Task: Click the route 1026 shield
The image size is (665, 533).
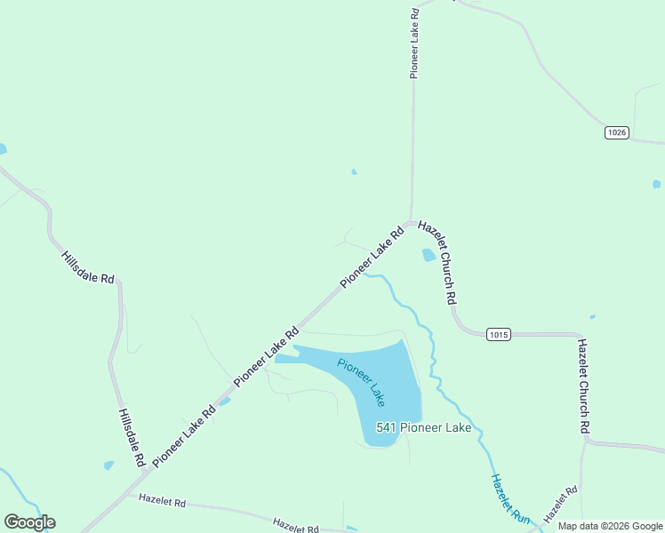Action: [x=617, y=132]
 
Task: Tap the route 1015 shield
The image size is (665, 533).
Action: [x=499, y=334]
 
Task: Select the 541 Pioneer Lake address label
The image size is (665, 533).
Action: [x=423, y=427]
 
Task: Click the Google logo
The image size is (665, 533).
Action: [x=29, y=522]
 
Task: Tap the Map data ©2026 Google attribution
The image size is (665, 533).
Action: [x=610, y=526]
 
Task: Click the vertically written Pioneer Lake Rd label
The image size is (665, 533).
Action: [x=414, y=44]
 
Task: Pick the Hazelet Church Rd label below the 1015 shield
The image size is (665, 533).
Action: [x=583, y=386]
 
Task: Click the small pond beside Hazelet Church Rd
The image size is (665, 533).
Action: [x=429, y=255]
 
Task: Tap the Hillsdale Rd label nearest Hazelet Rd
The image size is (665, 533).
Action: [x=131, y=437]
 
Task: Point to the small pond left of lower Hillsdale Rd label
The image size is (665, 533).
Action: [x=108, y=465]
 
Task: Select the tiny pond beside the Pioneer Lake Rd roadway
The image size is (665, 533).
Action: [x=225, y=402]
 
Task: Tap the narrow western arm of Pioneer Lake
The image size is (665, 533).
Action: [x=286, y=358]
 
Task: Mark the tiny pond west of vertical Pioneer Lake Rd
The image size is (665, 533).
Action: [x=354, y=171]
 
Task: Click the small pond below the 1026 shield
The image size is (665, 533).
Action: [x=656, y=184]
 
